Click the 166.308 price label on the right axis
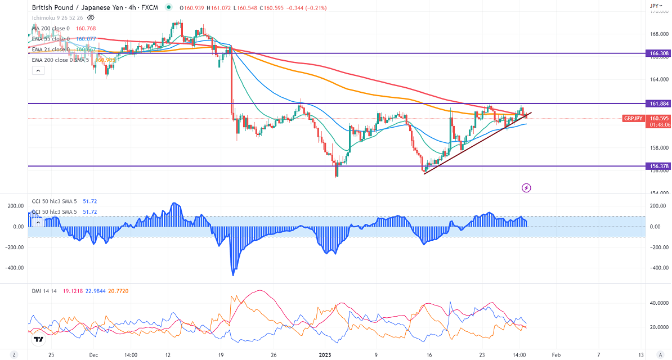point(658,53)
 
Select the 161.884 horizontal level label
point(658,103)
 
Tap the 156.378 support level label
point(658,166)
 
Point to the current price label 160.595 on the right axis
point(658,118)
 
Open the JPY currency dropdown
point(655,6)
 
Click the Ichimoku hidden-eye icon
point(91,17)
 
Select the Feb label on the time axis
point(555,355)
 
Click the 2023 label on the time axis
point(326,355)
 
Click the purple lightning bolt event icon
point(527,187)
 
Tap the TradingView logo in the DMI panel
point(39,340)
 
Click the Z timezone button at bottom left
point(15,355)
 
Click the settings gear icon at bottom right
point(658,355)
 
